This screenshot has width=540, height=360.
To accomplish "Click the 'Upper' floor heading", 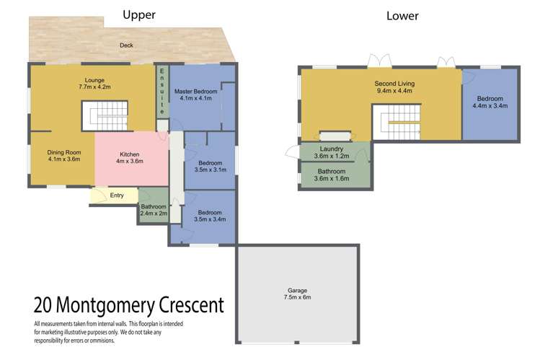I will [139, 14].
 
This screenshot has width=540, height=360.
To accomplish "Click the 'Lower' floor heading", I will [402, 15].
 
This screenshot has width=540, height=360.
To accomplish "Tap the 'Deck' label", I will [127, 45].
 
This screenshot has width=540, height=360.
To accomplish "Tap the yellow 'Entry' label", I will [116, 195].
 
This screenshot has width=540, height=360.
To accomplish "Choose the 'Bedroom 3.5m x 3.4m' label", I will [210, 216].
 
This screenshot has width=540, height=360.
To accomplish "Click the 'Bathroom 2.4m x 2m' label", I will [154, 211].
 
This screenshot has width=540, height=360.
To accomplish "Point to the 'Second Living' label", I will [394, 87].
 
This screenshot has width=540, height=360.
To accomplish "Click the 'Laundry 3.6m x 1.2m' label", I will [331, 152].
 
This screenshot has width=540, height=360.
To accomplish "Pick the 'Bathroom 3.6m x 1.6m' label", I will [331, 174].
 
